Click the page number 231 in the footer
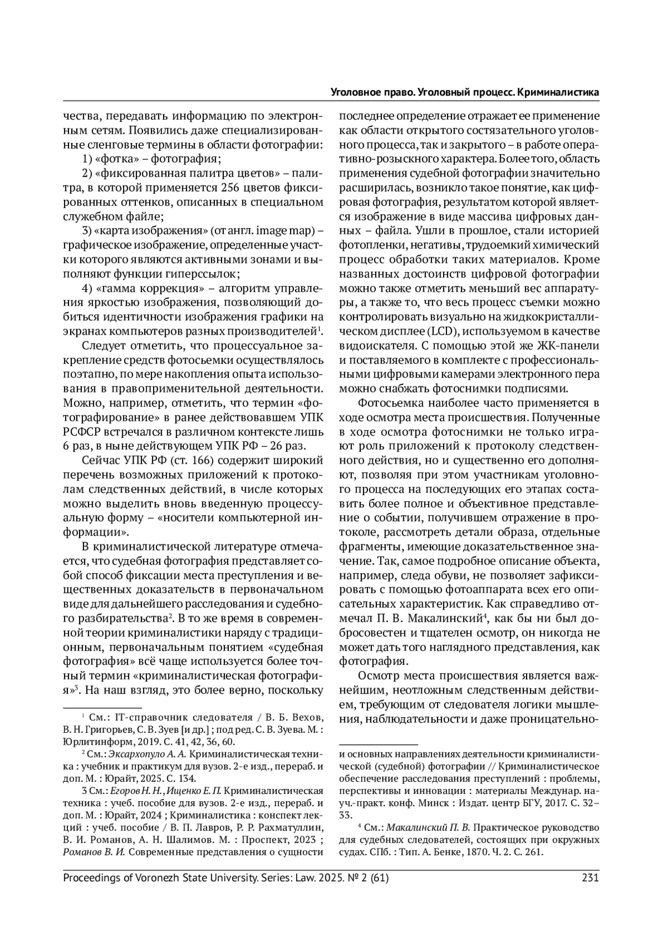click(591, 877)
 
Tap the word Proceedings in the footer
click(93, 877)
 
